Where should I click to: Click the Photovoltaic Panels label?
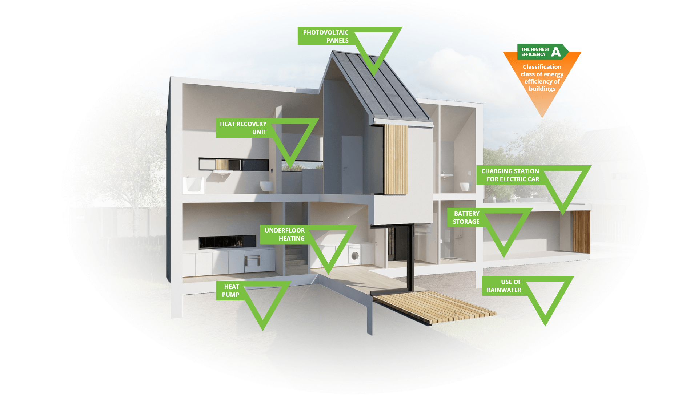point(326,36)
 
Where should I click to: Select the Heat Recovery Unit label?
point(243,128)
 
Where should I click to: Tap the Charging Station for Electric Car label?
point(510,175)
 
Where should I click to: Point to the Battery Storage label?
point(466,218)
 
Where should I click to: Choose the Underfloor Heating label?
point(285,234)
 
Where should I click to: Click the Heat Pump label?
point(231,291)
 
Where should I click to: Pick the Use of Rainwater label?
point(504,286)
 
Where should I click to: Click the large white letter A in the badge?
point(556,52)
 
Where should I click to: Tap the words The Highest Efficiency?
point(535,52)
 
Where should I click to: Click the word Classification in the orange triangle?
point(542,67)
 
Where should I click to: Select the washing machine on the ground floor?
point(354,254)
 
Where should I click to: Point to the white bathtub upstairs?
point(194,185)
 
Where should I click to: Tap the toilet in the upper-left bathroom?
point(266,186)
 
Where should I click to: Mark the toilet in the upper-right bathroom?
point(465,186)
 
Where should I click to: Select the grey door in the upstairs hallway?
point(352,165)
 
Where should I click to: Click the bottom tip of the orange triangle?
point(542,118)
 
